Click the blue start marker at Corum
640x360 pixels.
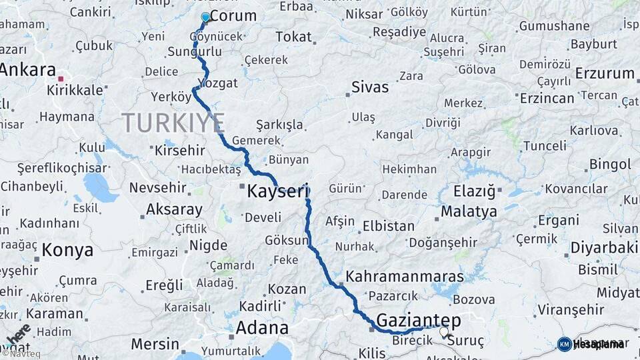click(205, 17)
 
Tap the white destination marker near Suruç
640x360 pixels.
click(444, 330)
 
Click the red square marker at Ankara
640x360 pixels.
click(61, 79)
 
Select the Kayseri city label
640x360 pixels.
click(279, 192)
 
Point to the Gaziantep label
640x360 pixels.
click(419, 321)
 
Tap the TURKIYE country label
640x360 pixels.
click(173, 123)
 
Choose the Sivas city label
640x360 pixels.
click(369, 87)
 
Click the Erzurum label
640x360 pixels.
click(605, 73)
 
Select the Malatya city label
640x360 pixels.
click(469, 212)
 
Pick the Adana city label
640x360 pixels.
click(262, 328)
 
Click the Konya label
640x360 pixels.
click(67, 250)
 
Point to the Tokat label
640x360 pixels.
click(293, 37)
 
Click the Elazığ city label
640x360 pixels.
click(475, 192)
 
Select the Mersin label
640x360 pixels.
click(155, 345)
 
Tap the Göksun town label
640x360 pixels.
click(287, 240)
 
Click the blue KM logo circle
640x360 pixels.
click(564, 344)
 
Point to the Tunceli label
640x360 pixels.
click(545, 146)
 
